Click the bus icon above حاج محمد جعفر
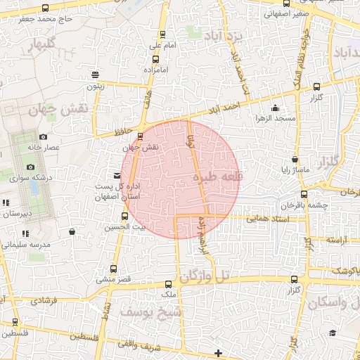tap(46, 8)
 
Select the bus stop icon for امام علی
tap(163, 34)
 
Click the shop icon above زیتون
tap(95, 75)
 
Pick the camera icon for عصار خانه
tap(43, 136)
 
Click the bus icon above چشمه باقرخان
tap(304, 195)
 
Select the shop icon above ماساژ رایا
tap(295, 160)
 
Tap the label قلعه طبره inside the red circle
tap(217, 179)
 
